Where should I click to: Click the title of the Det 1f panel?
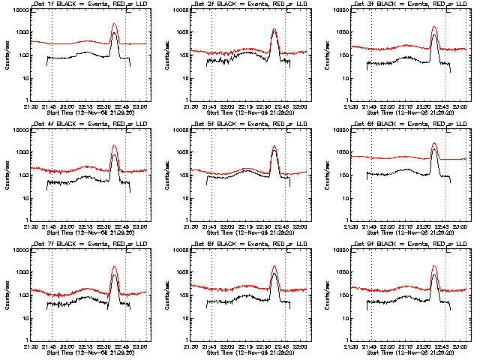pos(90,5)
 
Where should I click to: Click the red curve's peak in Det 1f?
pos(114,25)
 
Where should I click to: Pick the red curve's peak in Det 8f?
pos(274,266)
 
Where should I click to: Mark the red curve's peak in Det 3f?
pos(434,27)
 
